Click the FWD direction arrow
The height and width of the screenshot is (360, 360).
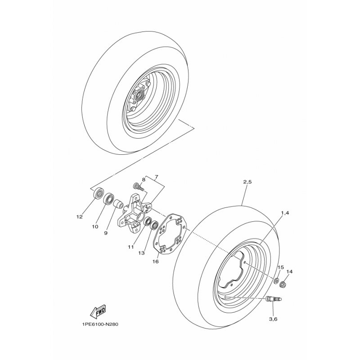click(x=98, y=311)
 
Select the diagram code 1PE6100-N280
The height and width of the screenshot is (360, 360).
click(x=100, y=324)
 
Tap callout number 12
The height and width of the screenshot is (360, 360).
click(x=80, y=217)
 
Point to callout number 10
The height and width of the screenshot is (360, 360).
click(x=95, y=227)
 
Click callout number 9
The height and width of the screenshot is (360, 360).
click(x=106, y=233)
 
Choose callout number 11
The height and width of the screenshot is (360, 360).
click(x=131, y=247)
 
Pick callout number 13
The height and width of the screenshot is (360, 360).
click(x=141, y=253)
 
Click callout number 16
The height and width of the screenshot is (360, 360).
click(x=155, y=261)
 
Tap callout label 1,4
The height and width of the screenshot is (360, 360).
click(x=285, y=213)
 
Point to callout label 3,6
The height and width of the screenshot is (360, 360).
click(x=273, y=319)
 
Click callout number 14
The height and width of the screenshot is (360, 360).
click(x=289, y=272)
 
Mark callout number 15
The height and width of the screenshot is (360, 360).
click(x=280, y=267)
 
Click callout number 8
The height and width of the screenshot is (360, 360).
click(x=144, y=180)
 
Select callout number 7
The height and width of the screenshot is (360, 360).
click(x=156, y=177)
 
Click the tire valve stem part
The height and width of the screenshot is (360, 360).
click(x=274, y=299)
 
